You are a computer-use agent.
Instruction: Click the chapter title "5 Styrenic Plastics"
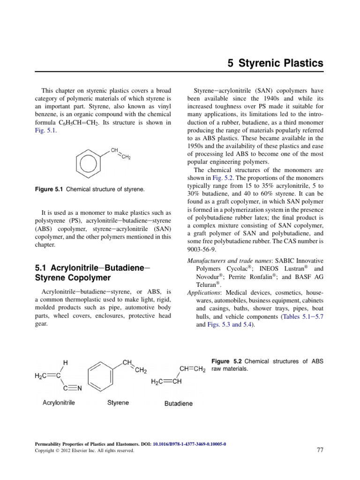276,63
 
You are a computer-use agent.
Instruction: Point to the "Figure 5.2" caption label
227,361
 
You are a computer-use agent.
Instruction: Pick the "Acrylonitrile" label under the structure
59,402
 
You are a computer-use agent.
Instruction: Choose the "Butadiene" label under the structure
178,403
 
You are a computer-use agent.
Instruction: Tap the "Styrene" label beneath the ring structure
118,402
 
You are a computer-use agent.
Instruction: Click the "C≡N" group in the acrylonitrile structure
73,388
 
